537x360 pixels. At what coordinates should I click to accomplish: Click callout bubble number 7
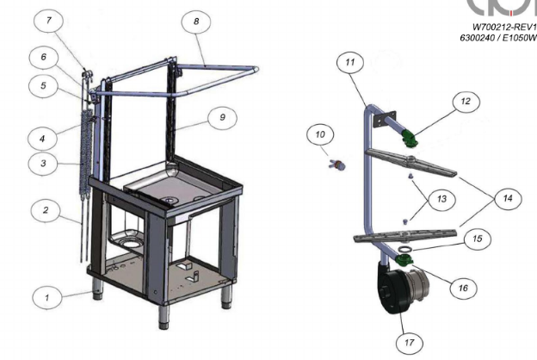click(x=49, y=22)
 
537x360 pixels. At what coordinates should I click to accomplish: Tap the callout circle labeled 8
click(x=196, y=22)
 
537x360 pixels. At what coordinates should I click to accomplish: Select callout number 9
click(x=222, y=118)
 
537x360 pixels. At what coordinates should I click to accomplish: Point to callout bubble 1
click(x=47, y=297)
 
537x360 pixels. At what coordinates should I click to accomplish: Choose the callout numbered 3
click(x=43, y=163)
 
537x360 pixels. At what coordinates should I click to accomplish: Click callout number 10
click(x=320, y=134)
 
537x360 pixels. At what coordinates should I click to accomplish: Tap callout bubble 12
click(x=466, y=102)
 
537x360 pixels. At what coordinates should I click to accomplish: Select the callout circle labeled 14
click(x=508, y=198)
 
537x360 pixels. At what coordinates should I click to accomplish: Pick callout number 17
click(x=410, y=343)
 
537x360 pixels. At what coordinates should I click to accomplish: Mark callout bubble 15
click(x=478, y=239)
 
